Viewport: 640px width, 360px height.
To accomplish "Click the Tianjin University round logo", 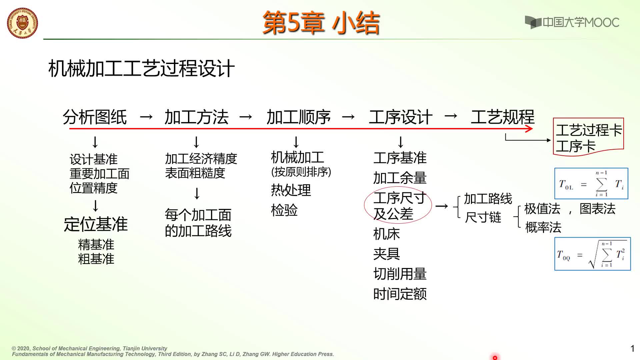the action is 22,23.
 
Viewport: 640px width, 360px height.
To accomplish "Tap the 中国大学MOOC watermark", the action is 572,22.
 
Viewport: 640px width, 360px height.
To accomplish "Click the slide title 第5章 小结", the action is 321,23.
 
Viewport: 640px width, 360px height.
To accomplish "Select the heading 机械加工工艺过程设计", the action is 142,69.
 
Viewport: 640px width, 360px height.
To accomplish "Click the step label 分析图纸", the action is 95,117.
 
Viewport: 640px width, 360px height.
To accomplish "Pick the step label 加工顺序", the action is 299,117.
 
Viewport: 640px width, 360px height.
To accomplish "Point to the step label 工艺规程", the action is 503,117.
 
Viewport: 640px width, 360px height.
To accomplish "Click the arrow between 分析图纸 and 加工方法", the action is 146,117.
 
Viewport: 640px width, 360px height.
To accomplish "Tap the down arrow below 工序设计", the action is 401,142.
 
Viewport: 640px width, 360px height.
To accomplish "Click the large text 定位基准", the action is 96,224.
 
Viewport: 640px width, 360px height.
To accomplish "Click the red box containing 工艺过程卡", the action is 588,137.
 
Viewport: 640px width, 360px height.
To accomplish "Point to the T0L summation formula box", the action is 591,184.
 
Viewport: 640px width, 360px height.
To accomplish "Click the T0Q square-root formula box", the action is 593,254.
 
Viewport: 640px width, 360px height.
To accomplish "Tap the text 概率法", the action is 543,227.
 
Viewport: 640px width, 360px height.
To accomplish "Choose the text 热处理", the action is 291,190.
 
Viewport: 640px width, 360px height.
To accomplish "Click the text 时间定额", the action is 400,294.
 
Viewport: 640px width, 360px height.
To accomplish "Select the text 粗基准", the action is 96,259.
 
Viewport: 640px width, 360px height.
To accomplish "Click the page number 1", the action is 632,349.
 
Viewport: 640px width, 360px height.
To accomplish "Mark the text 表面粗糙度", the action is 195,173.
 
